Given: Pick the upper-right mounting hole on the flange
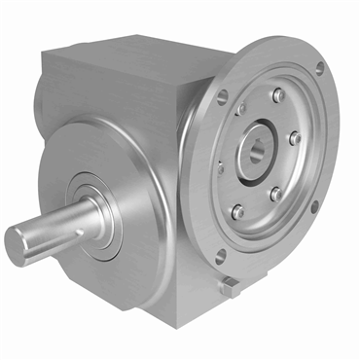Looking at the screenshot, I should pyautogui.click(x=320, y=68).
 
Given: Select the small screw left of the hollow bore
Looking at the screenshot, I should pyautogui.click(x=222, y=167).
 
